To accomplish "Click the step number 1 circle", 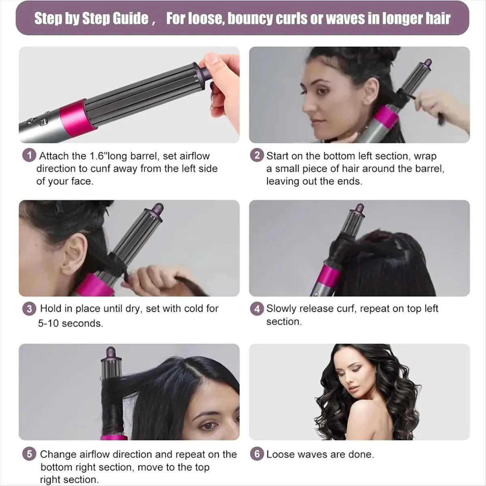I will point(30,156).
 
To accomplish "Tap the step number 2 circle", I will point(257,156).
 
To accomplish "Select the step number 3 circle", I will point(30,309).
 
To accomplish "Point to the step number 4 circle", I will point(257,309).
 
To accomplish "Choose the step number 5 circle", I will point(30,454).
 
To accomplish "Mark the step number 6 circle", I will point(257,454).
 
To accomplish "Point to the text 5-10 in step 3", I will point(48,323).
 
